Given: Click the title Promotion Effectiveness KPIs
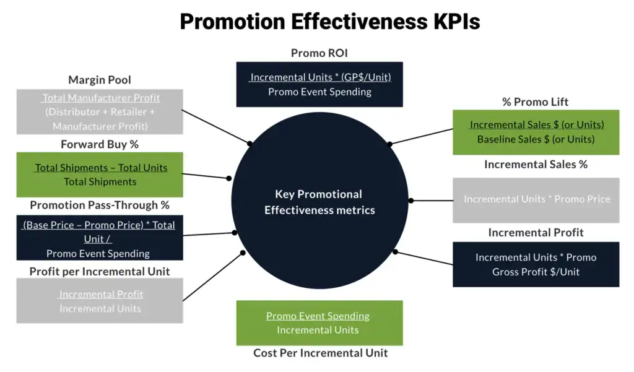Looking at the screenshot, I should click(329, 22).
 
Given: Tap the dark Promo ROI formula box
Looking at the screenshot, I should click(319, 84).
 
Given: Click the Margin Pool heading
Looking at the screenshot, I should click(100, 80).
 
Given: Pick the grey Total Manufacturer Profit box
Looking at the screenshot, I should click(100, 112).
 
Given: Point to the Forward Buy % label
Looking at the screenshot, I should click(100, 144).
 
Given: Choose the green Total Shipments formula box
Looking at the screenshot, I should click(100, 175).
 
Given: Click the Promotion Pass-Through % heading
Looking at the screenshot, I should click(100, 205).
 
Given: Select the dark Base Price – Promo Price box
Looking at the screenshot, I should click(100, 238).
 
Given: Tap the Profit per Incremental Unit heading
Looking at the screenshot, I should click(100, 271).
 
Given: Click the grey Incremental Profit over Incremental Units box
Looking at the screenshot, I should click(100, 301).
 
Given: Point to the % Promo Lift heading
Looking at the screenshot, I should click(536, 102).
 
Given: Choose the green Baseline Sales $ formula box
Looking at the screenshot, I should click(536, 132).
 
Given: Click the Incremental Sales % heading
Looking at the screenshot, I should click(536, 164).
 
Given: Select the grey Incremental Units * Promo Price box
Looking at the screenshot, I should click(536, 200).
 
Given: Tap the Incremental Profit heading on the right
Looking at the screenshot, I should click(536, 232).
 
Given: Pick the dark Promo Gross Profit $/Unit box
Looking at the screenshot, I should click(536, 264).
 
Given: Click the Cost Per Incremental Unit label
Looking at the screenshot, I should click(320, 353).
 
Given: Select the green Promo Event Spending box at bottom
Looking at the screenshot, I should click(319, 322).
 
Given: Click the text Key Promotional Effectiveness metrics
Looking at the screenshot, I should click(319, 202).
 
